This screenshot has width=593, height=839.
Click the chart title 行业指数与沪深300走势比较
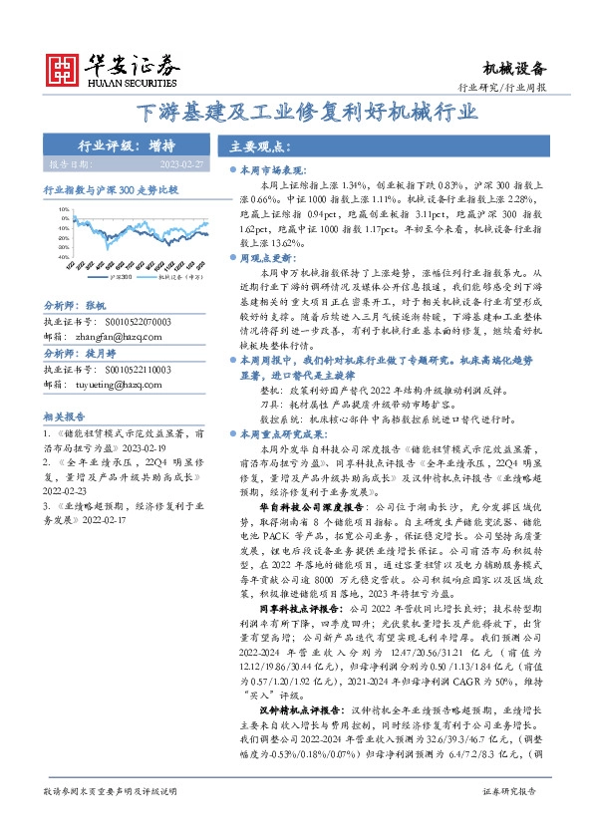[111, 188]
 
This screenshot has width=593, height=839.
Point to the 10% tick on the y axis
[63, 210]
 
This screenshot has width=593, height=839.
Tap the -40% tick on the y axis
[62, 256]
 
